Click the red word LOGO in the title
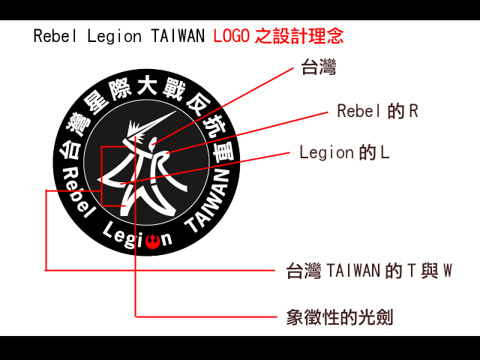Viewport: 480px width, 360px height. pos(231,35)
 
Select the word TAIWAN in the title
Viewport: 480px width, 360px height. pos(178,35)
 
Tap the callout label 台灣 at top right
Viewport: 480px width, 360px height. pos(318,69)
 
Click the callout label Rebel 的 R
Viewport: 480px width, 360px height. pos(377,112)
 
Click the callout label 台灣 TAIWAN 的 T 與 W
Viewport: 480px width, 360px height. pos(370,271)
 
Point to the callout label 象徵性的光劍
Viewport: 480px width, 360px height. pos(340,316)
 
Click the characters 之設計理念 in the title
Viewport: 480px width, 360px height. pos(298,35)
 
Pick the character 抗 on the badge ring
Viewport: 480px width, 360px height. pos(214,124)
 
